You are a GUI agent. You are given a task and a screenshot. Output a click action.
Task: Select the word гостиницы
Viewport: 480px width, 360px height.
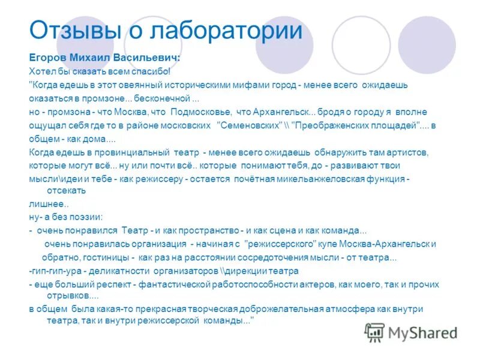pos(108,257)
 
